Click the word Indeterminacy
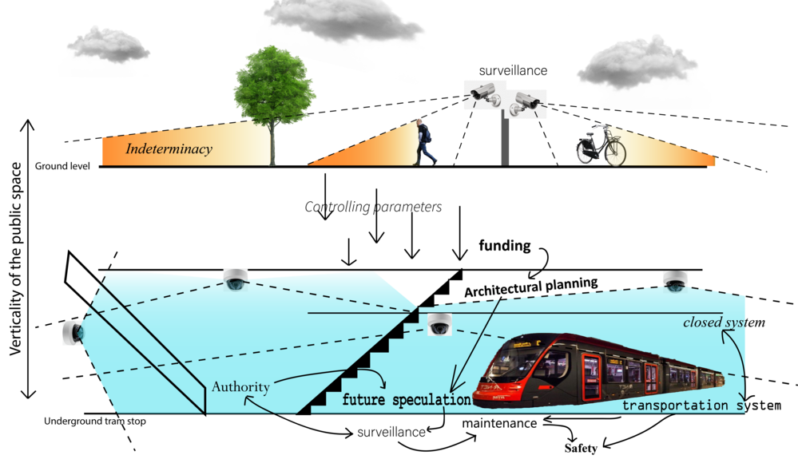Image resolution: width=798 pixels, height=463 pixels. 169,148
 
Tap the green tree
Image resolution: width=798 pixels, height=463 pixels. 275,88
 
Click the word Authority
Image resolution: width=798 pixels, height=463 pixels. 240,387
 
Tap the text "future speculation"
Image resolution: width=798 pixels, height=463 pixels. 407,400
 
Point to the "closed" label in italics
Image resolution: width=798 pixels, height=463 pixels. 702,323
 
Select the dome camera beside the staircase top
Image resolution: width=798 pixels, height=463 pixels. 439,323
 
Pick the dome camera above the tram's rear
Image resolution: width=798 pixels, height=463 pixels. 675,281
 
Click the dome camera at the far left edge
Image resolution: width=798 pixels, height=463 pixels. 73,331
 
